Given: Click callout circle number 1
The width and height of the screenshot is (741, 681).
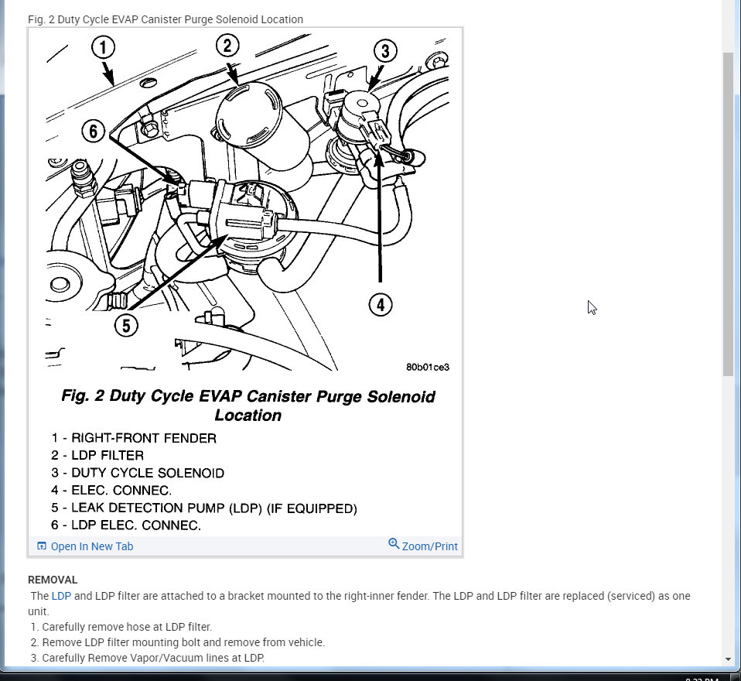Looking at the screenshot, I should click(x=103, y=49).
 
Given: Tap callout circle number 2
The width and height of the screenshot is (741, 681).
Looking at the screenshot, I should click(x=227, y=46).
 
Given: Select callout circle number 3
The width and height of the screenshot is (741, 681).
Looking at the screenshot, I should click(x=384, y=52).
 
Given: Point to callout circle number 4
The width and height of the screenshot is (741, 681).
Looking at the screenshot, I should click(x=380, y=305).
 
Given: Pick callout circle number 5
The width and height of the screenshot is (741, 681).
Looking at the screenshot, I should click(x=126, y=325).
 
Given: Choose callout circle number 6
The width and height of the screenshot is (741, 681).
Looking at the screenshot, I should click(x=94, y=132).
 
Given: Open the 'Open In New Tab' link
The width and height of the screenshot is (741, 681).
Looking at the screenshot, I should click(x=91, y=546).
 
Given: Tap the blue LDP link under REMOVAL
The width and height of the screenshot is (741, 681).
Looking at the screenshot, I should click(x=61, y=596).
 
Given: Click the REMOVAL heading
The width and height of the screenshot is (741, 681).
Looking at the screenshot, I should click(x=53, y=580).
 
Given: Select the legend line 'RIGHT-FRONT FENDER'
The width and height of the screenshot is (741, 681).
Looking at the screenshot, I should click(x=143, y=438).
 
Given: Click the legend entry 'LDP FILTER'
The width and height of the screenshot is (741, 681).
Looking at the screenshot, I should click(x=108, y=456).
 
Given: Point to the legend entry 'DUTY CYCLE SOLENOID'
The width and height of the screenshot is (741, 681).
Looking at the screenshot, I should click(x=147, y=473).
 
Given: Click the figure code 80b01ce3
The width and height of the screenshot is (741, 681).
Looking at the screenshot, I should click(x=427, y=367).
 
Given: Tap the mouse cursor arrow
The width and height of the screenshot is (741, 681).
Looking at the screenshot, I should click(x=591, y=306).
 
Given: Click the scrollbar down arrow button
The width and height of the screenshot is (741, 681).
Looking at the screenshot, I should click(x=728, y=659).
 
